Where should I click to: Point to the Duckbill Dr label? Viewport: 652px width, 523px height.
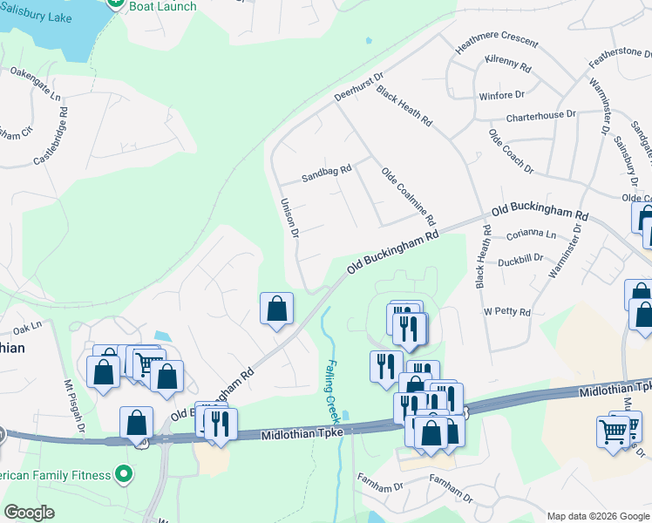520,259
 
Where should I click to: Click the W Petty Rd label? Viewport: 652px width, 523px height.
506,311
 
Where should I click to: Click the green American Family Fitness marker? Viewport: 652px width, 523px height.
124,475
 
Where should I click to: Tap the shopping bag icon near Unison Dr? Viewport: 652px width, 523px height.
276,309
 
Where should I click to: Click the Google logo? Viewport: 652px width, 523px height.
30,513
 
